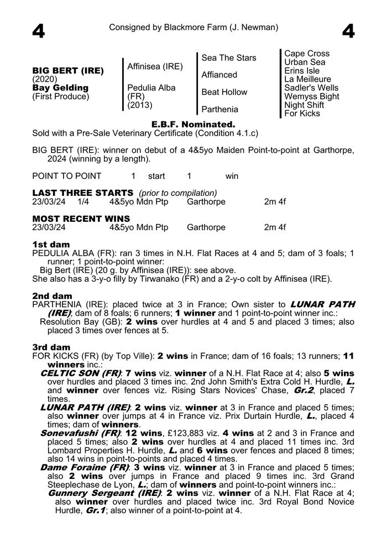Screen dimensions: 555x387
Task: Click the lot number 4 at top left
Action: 38,31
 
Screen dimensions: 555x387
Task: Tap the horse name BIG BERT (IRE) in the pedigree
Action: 68,71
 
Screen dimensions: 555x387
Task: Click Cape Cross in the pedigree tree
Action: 306,54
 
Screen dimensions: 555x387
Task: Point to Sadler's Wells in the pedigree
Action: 311,88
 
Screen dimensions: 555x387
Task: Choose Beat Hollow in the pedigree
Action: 224,92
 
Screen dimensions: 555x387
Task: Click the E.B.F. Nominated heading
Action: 193,125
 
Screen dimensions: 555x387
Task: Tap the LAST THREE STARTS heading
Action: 83,193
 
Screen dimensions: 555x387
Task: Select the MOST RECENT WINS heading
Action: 81,218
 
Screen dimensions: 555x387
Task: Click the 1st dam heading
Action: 49,244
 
